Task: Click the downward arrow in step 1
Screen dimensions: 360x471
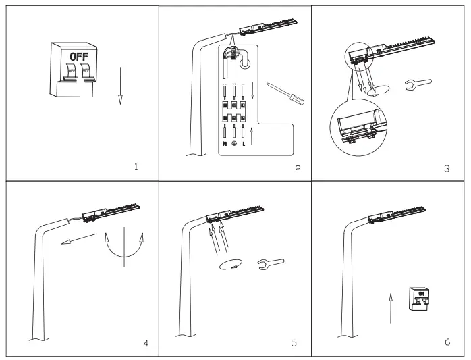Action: [120, 85]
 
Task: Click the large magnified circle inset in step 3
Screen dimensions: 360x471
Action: [358, 129]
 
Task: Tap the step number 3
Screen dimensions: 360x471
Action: [446, 168]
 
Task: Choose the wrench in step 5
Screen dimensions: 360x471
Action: [271, 264]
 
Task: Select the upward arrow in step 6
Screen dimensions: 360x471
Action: [390, 307]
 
